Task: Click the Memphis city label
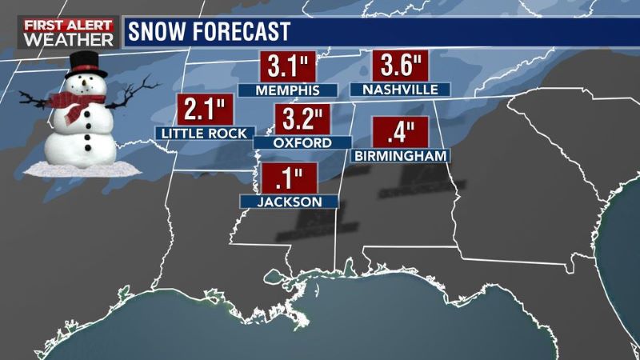[288, 90]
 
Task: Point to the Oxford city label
[302, 142]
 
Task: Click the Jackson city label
[290, 202]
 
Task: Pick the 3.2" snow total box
[302, 119]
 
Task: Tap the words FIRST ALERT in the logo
[59, 25]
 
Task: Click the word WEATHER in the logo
[59, 40]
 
